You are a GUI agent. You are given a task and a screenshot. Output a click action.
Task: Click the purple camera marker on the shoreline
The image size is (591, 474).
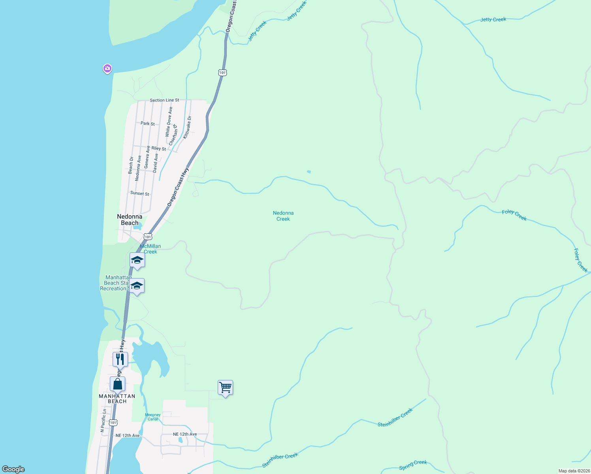pos(107,69)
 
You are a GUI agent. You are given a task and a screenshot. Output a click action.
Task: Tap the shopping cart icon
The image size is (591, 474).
pos(225,387)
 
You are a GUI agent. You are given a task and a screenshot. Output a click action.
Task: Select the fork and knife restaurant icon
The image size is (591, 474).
pos(120,359)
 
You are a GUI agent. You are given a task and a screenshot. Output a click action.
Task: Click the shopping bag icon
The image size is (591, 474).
pos(117,384)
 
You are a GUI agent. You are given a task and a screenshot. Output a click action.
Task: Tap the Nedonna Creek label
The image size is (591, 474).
pos(283,216)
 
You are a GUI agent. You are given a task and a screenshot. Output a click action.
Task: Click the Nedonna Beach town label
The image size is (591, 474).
pos(130,220)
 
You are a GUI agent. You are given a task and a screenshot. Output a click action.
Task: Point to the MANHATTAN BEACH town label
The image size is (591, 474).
pos(117,399)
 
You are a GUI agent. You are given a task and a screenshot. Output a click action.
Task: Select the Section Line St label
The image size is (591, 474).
pos(164,100)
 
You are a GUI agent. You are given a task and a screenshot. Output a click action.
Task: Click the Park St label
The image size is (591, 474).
pos(148,124)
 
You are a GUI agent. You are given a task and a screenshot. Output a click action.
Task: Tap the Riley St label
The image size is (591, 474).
pos(159,149)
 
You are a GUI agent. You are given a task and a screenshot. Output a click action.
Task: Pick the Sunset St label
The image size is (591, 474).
pos(140,194)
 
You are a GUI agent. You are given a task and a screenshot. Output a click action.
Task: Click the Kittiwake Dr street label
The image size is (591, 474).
pos(187,127)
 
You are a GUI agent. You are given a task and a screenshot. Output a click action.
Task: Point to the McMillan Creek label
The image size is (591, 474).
pos(151,249)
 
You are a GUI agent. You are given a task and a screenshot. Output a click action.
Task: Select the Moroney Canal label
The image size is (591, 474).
pos(153,417)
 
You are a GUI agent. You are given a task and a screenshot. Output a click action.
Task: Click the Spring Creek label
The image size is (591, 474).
pos(413,465)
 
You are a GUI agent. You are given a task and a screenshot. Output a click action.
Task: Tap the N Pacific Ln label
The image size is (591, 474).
pos(104,420)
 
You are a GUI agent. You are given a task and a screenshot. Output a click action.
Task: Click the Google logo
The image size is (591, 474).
pos(13,469)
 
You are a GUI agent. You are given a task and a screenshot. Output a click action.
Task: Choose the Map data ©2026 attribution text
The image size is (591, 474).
pos(574,471)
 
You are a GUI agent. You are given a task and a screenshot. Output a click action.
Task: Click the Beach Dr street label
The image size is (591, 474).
pos(131,165)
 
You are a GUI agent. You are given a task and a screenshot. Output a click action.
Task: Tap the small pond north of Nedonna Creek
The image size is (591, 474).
pos(309,172)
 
